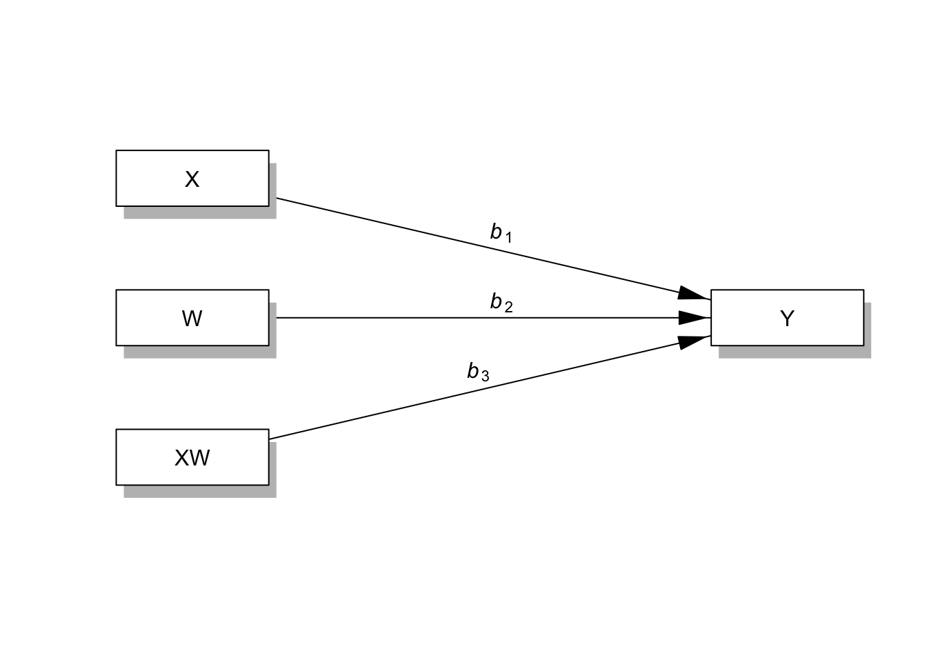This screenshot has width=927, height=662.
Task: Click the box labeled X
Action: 192,178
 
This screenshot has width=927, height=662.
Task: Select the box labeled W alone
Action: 192,317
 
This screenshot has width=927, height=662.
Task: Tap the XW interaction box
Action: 192,457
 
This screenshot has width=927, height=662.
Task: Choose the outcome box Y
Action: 786,317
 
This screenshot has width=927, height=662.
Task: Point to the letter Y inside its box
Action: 787,319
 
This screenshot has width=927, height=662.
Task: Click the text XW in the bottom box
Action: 192,458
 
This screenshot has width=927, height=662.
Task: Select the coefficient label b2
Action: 501,303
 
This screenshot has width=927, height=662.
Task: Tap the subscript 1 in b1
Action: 508,238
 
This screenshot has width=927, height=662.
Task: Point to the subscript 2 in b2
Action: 508,308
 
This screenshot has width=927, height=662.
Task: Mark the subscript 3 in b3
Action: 485,377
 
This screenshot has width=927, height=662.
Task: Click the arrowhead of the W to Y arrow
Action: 692,318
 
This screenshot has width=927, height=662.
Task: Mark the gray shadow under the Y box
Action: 793,352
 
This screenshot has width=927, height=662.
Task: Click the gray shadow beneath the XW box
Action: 200,492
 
